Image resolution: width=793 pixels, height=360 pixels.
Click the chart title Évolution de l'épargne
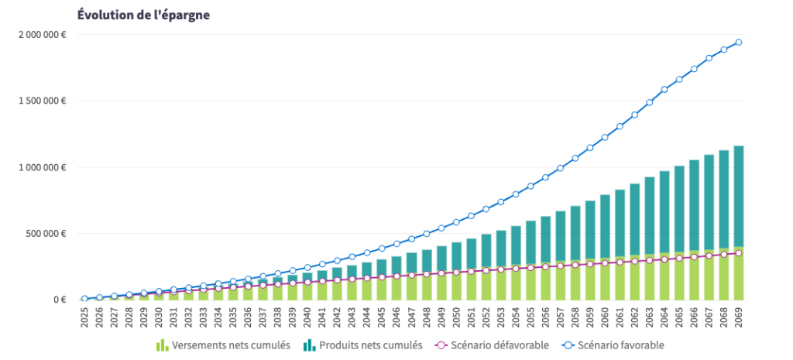pyautogui.click(x=143, y=15)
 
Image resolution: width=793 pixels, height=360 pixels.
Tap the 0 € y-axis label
pyautogui.click(x=60, y=300)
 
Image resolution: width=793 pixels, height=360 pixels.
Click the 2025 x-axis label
pyautogui.click(x=84, y=318)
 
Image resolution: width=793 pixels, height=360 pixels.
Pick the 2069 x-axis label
pyautogui.click(x=739, y=318)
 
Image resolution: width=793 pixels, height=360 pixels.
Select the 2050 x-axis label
pyautogui.click(x=456, y=318)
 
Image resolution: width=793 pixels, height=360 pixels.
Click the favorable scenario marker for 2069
pyautogui.click(x=739, y=43)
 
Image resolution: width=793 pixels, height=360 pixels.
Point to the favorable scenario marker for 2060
pyautogui.click(x=605, y=137)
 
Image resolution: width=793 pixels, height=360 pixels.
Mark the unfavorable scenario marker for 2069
pyautogui.click(x=739, y=253)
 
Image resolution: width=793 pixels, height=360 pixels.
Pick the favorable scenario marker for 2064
pyautogui.click(x=664, y=90)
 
